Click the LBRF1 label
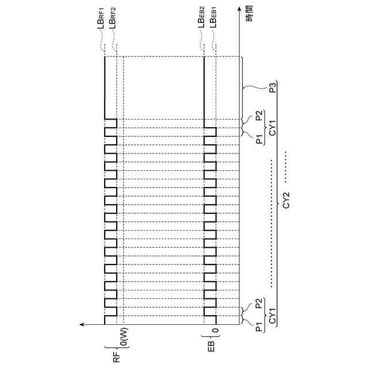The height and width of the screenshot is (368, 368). (x=105, y=24)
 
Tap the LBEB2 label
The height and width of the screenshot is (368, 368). (x=204, y=24)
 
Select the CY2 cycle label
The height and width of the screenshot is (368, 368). (x=286, y=205)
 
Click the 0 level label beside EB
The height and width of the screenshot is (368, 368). (x=216, y=332)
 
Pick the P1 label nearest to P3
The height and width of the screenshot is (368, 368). (x=260, y=139)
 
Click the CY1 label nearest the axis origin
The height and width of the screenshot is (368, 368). (x=272, y=317)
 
